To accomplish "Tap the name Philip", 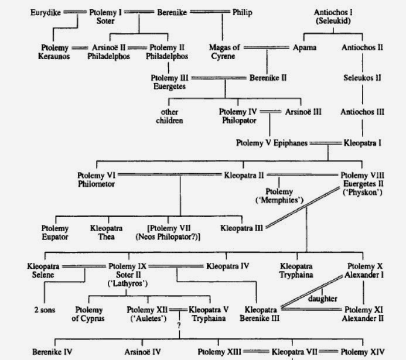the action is click(x=244, y=11).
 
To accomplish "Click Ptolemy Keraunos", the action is click(x=55, y=52).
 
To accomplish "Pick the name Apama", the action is click(x=305, y=47).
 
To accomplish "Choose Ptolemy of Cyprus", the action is click(x=91, y=314).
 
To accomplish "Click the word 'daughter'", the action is click(x=323, y=299).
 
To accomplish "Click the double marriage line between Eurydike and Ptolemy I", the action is click(x=76, y=11).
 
